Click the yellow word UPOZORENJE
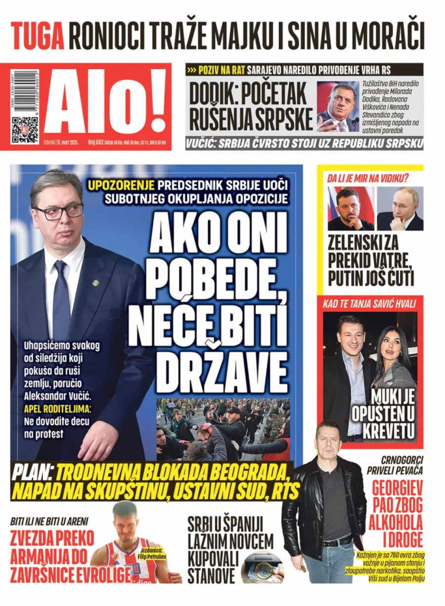121,186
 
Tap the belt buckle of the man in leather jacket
332,542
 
